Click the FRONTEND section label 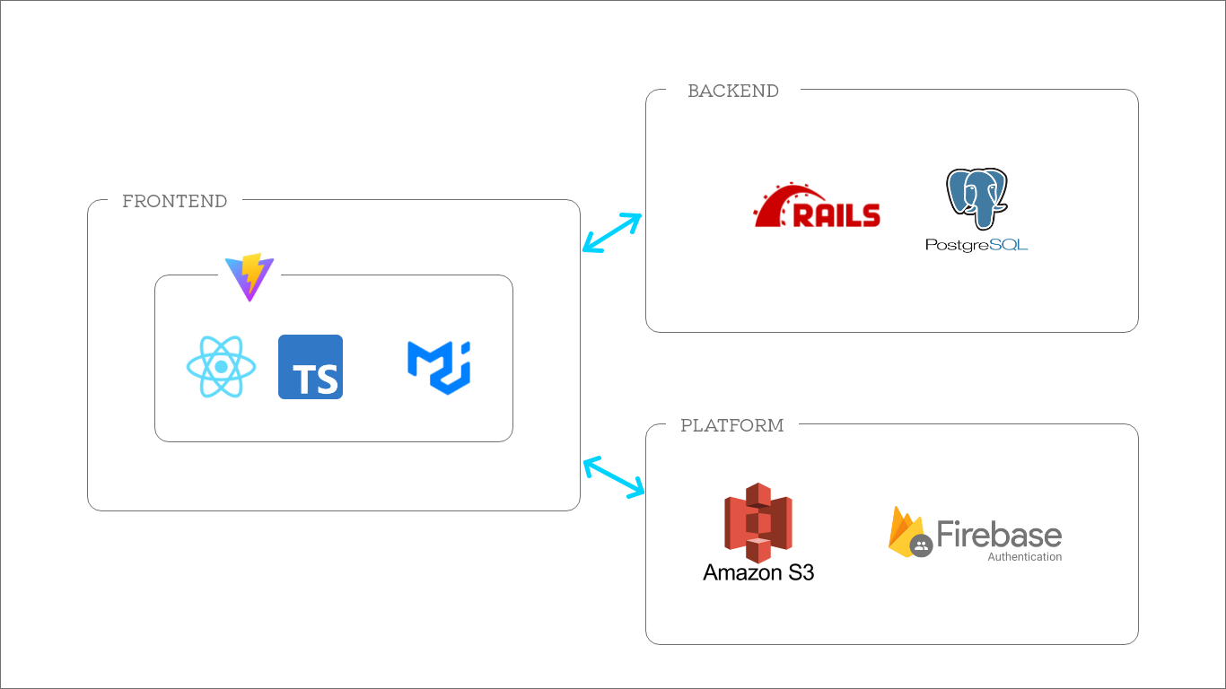[x=174, y=201]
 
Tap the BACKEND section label [x=732, y=91]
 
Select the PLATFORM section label [x=731, y=425]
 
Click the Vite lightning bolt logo [x=250, y=276]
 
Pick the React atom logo [x=221, y=367]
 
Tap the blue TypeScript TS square [x=311, y=367]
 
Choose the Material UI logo [x=439, y=367]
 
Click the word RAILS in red [x=836, y=215]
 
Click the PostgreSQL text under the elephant [x=976, y=243]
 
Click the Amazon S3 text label [x=758, y=572]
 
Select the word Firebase [x=999, y=535]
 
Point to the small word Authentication [x=1024, y=557]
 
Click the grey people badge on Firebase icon [x=921, y=545]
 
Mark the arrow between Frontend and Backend [x=612, y=232]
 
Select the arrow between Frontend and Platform [x=614, y=477]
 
